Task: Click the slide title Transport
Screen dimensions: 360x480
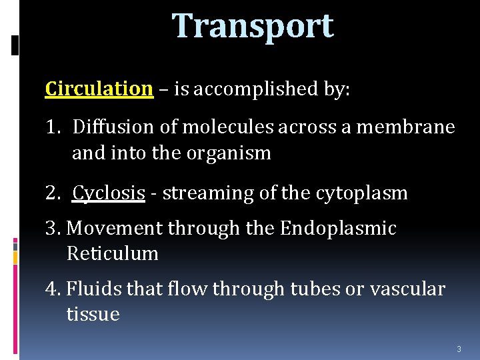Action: pos(253,27)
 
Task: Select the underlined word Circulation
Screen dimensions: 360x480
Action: pos(99,89)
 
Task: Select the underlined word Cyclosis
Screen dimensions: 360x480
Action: pos(109,193)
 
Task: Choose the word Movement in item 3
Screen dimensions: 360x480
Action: pos(115,229)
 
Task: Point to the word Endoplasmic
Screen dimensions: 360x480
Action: pos(338,229)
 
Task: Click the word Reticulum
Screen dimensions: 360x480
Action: pos(112,254)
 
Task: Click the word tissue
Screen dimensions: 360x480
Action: pos(93,315)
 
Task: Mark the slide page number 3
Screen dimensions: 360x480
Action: pos(459,349)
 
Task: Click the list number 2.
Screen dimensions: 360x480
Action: pos(51,193)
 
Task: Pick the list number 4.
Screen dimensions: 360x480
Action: pos(52,289)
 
